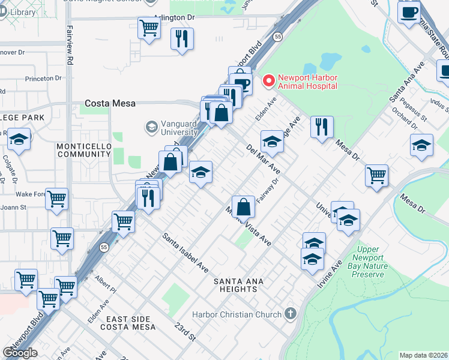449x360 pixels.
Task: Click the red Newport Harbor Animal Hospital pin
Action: (x=270, y=80)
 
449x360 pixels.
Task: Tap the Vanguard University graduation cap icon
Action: (x=151, y=127)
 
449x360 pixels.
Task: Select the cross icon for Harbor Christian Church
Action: (x=290, y=314)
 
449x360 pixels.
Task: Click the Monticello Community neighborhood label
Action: (x=84, y=150)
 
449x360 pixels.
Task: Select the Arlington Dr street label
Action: (x=174, y=18)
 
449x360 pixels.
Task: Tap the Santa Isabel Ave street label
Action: (x=185, y=251)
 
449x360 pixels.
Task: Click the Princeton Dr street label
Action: (x=43, y=79)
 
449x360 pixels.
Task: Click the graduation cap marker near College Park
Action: (x=19, y=140)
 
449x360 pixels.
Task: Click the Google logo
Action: (x=20, y=353)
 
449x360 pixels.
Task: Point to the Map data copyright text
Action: (x=423, y=355)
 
